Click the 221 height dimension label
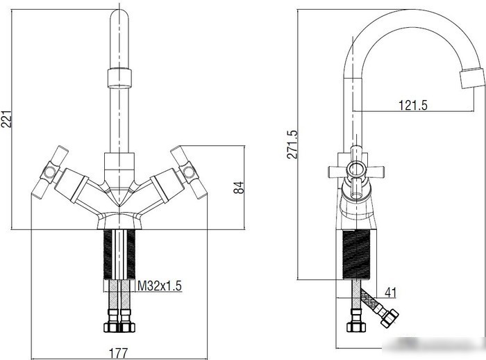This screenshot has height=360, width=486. pyautogui.click(x=6, y=119)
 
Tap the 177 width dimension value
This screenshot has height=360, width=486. pyautogui.click(x=118, y=353)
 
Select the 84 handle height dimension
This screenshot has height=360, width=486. pyautogui.click(x=239, y=188)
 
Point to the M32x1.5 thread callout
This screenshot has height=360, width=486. pyautogui.click(x=159, y=286)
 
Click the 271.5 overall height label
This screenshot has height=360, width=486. pyautogui.click(x=292, y=145)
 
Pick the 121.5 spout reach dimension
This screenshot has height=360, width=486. pyautogui.click(x=412, y=105)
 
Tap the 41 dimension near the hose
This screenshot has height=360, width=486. pyautogui.click(x=390, y=293)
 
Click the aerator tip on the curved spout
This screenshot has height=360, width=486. pyautogui.click(x=471, y=78)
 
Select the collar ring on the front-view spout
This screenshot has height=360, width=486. pyautogui.click(x=119, y=78)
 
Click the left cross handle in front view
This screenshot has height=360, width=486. pyautogui.click(x=49, y=172)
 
